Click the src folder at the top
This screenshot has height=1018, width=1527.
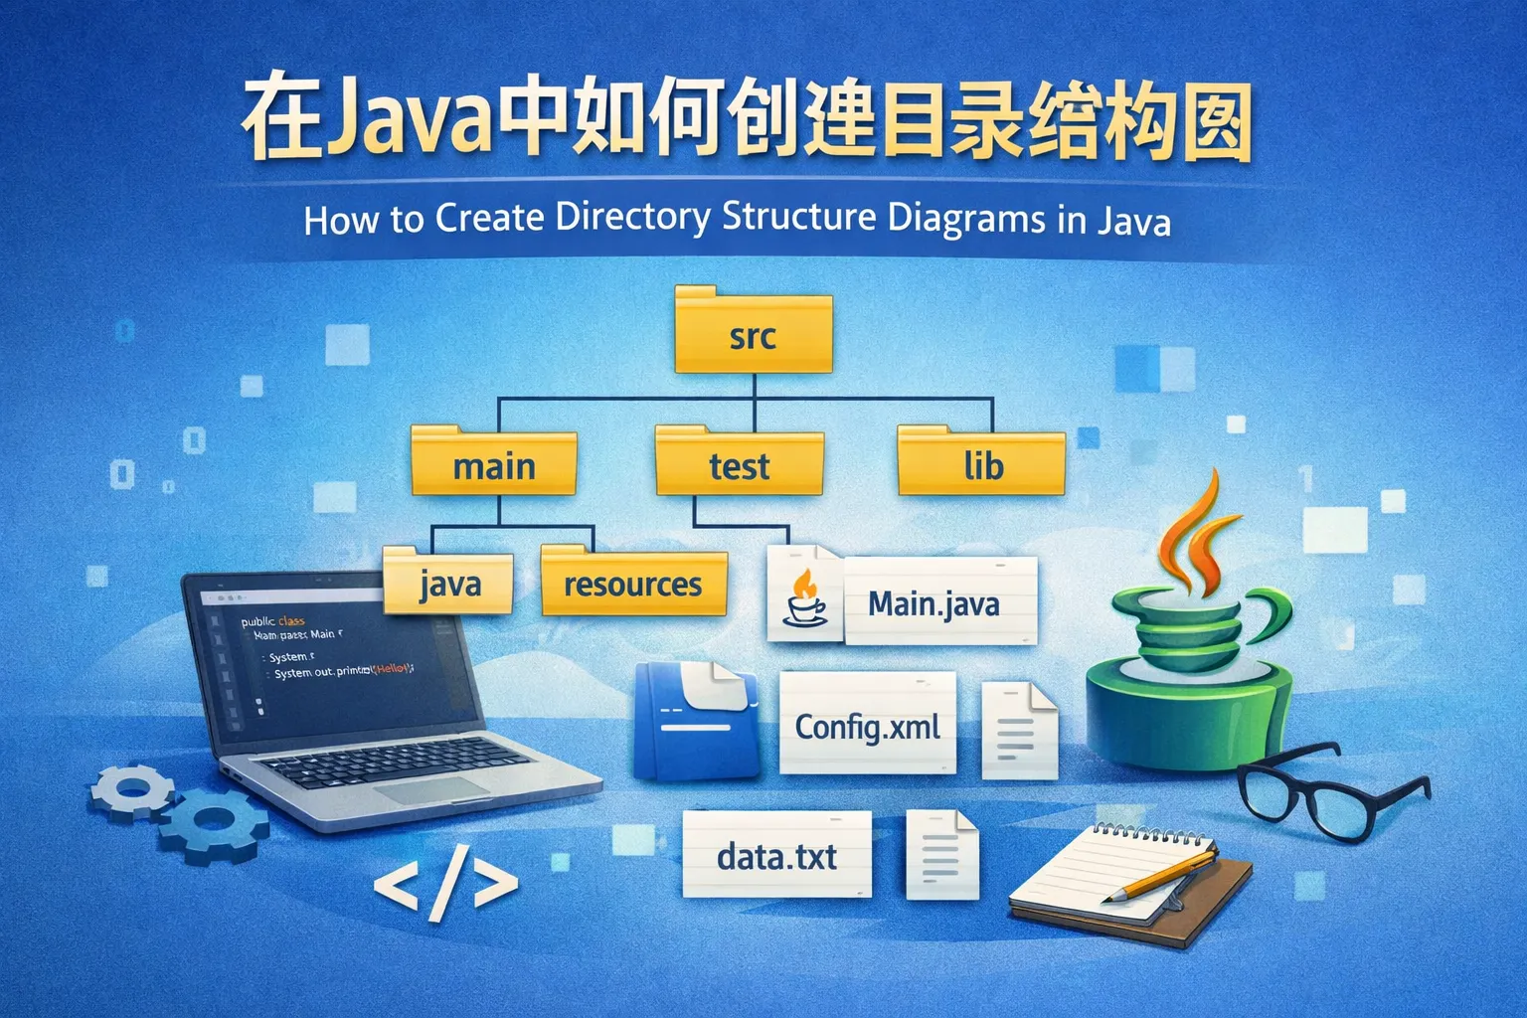pyautogui.click(x=753, y=332)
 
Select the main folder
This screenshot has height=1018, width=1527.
pyautogui.click(x=494, y=462)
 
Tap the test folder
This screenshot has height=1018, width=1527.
pyautogui.click(x=739, y=462)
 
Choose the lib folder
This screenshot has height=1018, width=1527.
pyautogui.click(x=982, y=462)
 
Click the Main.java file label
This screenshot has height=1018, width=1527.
pyautogui.click(x=934, y=602)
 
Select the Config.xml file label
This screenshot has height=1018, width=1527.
pyautogui.click(x=867, y=726)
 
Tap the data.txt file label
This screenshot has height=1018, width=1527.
pyautogui.click(x=776, y=855)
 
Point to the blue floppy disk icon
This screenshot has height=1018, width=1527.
pyautogui.click(x=696, y=720)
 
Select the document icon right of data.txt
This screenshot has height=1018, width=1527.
pyautogui.click(x=941, y=854)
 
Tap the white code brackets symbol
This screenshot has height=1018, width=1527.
pyautogui.click(x=445, y=884)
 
